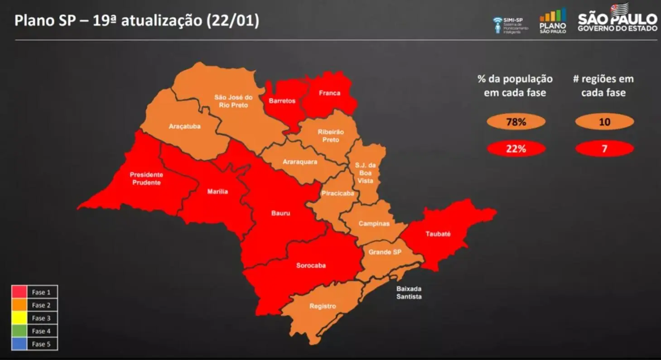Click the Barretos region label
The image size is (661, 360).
point(282,101)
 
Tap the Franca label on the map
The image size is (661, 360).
point(329,93)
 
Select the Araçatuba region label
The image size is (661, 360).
point(184,126)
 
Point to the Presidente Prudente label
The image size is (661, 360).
point(146,178)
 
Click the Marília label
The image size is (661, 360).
point(217,192)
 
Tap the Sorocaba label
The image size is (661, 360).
point(311,266)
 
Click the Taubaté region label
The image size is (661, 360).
point(438,234)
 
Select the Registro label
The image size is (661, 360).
point(323,307)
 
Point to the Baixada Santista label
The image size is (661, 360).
point(409,293)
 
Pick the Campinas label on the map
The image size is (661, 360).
point(374,224)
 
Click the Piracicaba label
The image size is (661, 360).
point(338,194)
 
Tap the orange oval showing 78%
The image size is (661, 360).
point(516,122)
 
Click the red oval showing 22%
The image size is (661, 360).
point(516,149)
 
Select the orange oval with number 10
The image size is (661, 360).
point(604,122)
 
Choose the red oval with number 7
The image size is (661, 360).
point(604,149)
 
